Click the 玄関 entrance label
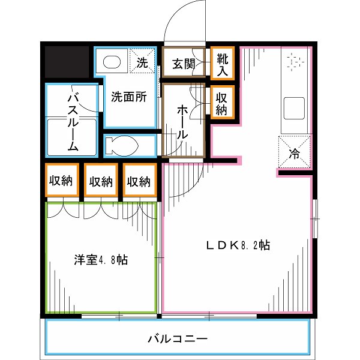(x=184, y=64)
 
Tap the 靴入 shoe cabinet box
(x=222, y=64)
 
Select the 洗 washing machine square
(x=142, y=61)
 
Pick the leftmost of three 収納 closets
(x=61, y=181)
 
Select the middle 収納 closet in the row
(x=100, y=181)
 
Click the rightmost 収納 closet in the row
(x=139, y=181)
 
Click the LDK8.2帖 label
(x=238, y=245)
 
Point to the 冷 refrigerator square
(x=295, y=152)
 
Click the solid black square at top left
(x=67, y=62)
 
